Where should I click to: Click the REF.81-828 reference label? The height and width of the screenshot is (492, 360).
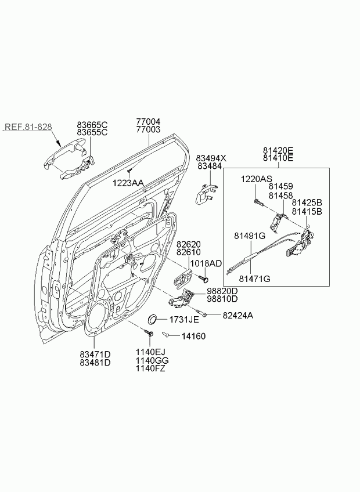[x=28, y=126]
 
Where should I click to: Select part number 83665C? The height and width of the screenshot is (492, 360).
[x=92, y=125]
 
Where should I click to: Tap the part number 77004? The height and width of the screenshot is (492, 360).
[x=148, y=121]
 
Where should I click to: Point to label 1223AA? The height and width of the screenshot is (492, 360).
[x=128, y=183]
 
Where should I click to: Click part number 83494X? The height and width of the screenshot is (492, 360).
[x=211, y=158]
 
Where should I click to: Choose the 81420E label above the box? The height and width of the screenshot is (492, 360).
[x=278, y=150]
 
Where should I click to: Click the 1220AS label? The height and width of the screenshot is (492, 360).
[x=256, y=179]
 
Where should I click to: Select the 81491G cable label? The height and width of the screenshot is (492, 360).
[x=250, y=236]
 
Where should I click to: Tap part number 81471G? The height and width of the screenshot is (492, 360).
[x=254, y=278]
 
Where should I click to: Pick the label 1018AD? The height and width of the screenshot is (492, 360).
[x=206, y=263]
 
